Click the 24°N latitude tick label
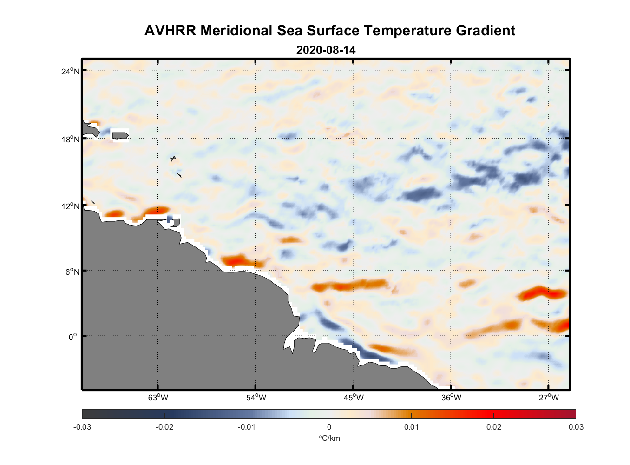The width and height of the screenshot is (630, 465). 70,71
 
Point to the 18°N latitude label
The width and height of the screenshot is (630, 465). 70,139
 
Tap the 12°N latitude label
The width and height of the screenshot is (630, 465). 70,206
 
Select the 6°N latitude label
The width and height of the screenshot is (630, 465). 72,272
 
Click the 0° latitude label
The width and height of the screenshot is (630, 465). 73,337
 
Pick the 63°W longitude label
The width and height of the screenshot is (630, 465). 158,398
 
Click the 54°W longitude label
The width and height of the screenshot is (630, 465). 256,398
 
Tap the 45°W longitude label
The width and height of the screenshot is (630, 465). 354,398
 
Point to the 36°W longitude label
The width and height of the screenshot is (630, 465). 451,398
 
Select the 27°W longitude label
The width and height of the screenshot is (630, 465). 549,398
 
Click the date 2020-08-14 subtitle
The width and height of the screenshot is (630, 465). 326,50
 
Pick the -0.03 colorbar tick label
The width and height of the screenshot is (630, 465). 82,427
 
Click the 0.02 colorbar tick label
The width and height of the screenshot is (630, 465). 493,427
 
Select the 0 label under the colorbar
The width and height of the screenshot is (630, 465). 329,427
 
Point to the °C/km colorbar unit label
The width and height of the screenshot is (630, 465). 329,438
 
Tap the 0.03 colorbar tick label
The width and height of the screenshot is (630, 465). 576,427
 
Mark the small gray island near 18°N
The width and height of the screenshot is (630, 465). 120,135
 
